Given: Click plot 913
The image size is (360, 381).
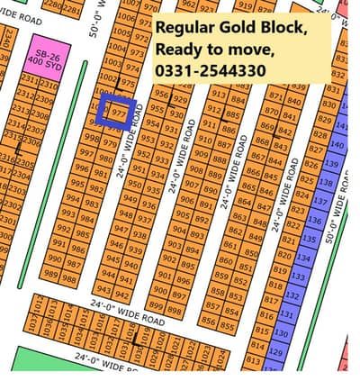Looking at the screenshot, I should [x=218, y=93].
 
